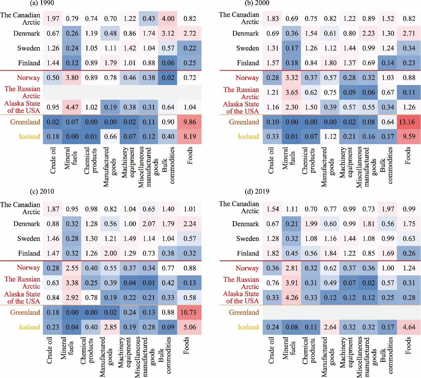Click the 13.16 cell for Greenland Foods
click(x=407, y=122)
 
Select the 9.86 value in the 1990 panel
click(x=189, y=122)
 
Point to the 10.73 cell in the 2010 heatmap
click(x=188, y=312)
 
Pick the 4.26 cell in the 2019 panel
click(x=292, y=297)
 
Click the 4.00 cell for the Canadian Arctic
click(x=168, y=19)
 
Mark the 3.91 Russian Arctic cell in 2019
click(x=292, y=283)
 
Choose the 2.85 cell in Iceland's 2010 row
click(x=111, y=327)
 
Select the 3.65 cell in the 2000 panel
click(x=292, y=92)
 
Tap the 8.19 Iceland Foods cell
click(x=189, y=136)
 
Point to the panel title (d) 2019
click(x=257, y=192)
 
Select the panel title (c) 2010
click(x=42, y=192)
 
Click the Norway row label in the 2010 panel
click(x=29, y=267)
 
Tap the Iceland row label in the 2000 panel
click(x=248, y=136)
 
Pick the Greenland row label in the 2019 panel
click(x=244, y=312)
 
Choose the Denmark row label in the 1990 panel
click(x=27, y=33)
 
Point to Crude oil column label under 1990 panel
click(x=53, y=161)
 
